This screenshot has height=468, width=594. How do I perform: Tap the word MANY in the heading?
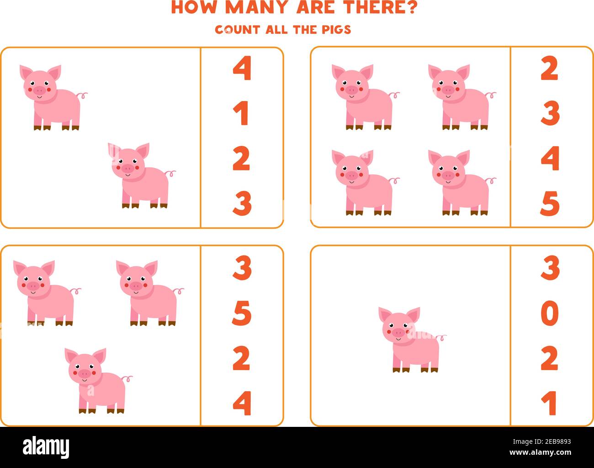tap(253, 8)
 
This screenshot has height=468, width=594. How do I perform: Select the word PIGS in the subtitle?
tap(335, 30)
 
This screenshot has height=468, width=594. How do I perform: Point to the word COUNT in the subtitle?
tap(238, 30)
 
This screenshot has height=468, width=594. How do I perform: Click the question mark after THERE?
tap(410, 8)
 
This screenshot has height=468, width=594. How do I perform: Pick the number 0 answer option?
tap(550, 314)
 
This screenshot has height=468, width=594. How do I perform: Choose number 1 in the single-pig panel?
tap(550, 403)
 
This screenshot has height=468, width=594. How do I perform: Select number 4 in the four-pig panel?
tap(550, 159)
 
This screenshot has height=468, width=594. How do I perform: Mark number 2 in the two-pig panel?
tap(242, 159)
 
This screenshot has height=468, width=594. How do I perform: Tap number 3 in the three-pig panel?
tap(242, 268)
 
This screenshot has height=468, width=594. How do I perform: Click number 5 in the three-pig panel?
tap(242, 314)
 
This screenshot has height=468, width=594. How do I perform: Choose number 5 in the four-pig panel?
tap(550, 203)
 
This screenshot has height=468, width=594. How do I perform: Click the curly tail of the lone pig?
tap(441, 338)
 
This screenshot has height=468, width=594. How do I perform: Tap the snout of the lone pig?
tap(398, 331)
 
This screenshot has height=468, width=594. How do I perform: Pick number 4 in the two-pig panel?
tap(242, 69)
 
